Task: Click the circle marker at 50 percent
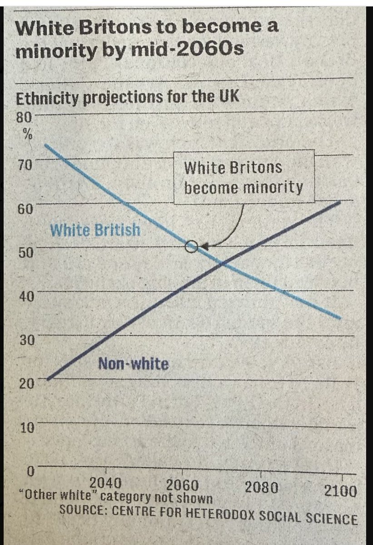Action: (191, 247)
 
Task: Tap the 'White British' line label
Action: (95, 230)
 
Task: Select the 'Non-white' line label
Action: (133, 363)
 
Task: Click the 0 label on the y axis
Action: (30, 471)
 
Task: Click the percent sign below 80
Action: (25, 135)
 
